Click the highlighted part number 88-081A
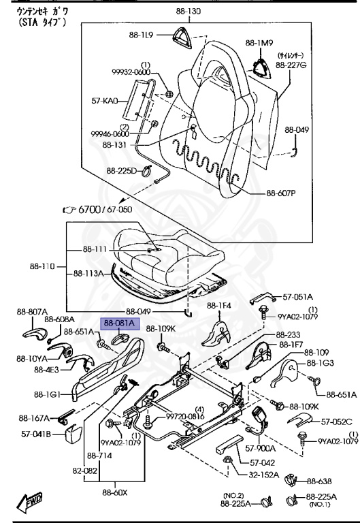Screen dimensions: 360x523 (x=120, y=323)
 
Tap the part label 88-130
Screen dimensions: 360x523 (x=189, y=12)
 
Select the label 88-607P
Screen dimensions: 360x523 (x=281, y=193)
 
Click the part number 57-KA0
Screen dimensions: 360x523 (x=105, y=100)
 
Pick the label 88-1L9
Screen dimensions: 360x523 (x=141, y=35)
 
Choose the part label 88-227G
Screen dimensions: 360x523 (x=291, y=65)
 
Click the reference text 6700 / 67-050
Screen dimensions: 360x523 (x=105, y=210)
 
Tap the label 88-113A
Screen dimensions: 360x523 (x=88, y=274)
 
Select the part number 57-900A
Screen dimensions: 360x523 (x=261, y=448)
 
